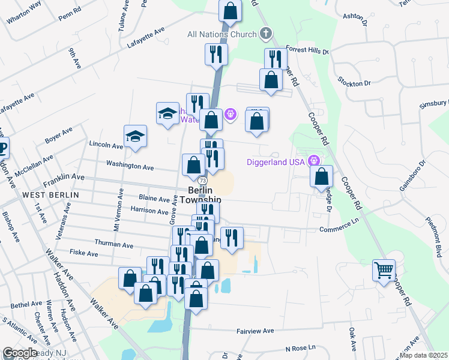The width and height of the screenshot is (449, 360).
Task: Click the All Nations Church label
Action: pyautogui.click(x=222, y=34)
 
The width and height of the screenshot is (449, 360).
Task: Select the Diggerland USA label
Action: pyautogui.click(x=276, y=162)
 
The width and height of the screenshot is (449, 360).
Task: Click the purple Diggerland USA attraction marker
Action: pyautogui.click(x=313, y=161)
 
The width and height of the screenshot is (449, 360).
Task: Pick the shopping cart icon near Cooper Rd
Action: pyautogui.click(x=384, y=269)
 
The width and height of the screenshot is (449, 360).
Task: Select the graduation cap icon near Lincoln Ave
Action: pyautogui.click(x=136, y=136)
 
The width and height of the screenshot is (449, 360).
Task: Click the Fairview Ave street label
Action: pyautogui.click(x=255, y=331)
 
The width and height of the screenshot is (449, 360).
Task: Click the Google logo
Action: pyautogui.click(x=20, y=353)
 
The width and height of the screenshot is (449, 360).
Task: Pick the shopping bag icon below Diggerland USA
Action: pyautogui.click(x=322, y=176)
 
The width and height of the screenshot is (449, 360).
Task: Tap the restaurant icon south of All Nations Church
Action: pyautogui.click(x=215, y=54)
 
